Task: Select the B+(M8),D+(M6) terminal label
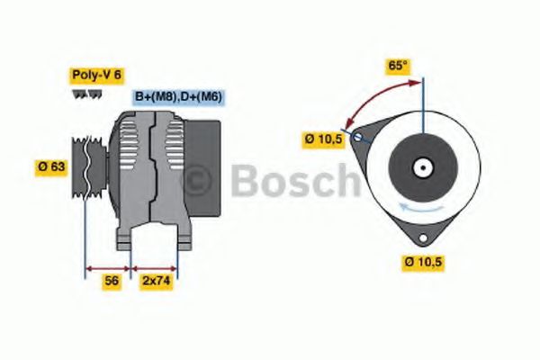178,96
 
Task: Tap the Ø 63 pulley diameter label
53,166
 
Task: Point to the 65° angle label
397,65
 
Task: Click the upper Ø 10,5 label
323,139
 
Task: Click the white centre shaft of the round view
421,166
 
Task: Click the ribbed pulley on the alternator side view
87,166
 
